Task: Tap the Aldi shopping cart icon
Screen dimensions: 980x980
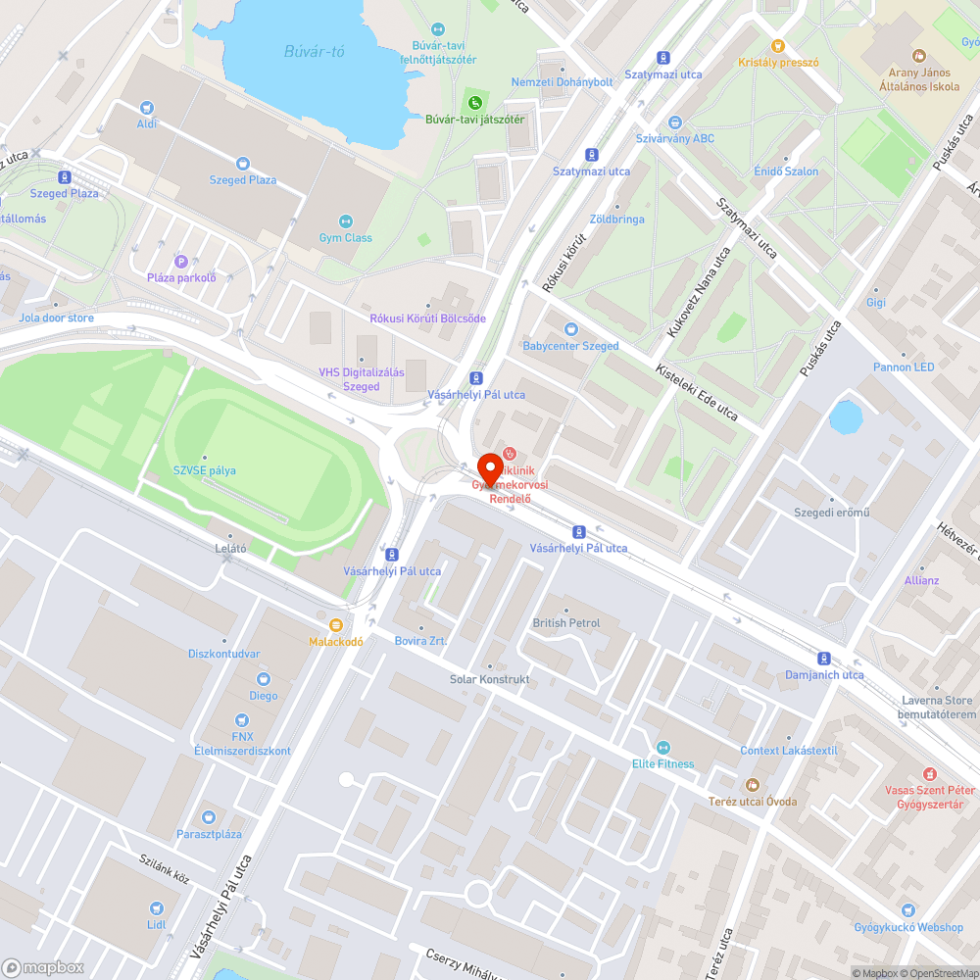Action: (x=147, y=107)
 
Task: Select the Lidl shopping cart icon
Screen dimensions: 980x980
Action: (x=157, y=908)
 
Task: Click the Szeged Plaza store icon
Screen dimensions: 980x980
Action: (x=243, y=164)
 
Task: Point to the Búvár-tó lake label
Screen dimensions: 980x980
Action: (x=314, y=52)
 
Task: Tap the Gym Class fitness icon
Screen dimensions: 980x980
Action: (x=345, y=221)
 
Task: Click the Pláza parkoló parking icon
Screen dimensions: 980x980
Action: (x=180, y=261)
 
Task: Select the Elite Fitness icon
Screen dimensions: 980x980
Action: (x=662, y=748)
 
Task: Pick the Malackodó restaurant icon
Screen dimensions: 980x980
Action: (x=336, y=625)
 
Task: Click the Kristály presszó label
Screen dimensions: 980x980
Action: (x=778, y=62)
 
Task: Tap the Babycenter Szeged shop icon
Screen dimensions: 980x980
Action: (x=571, y=329)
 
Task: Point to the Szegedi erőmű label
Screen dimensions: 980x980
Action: (x=832, y=513)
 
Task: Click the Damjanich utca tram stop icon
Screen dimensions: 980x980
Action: (x=824, y=659)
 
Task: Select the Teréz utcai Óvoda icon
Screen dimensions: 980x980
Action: (x=752, y=785)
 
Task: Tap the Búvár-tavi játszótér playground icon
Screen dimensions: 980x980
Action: (x=475, y=103)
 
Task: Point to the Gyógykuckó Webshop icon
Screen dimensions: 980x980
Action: (x=908, y=910)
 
